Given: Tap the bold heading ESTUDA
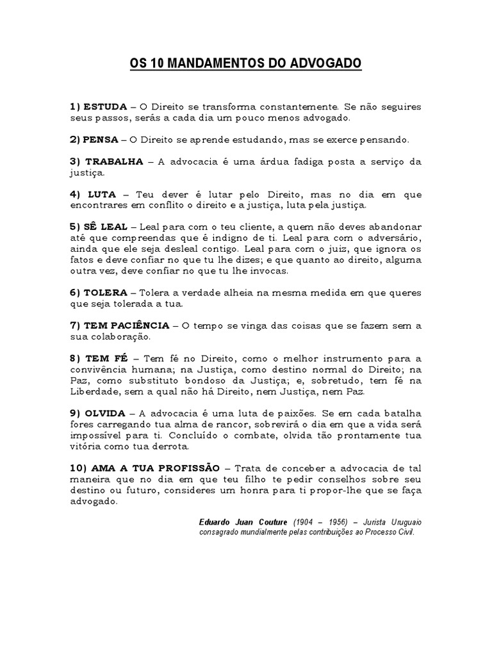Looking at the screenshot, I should point(105,106).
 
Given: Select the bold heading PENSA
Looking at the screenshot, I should point(101,139).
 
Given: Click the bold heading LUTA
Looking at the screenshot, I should point(102,194).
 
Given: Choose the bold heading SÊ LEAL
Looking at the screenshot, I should point(106,227).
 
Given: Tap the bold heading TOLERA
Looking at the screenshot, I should point(106,292).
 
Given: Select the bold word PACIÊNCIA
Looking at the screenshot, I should point(139,325).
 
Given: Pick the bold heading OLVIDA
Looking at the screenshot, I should point(106,413).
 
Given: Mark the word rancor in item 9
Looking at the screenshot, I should point(229,424).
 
